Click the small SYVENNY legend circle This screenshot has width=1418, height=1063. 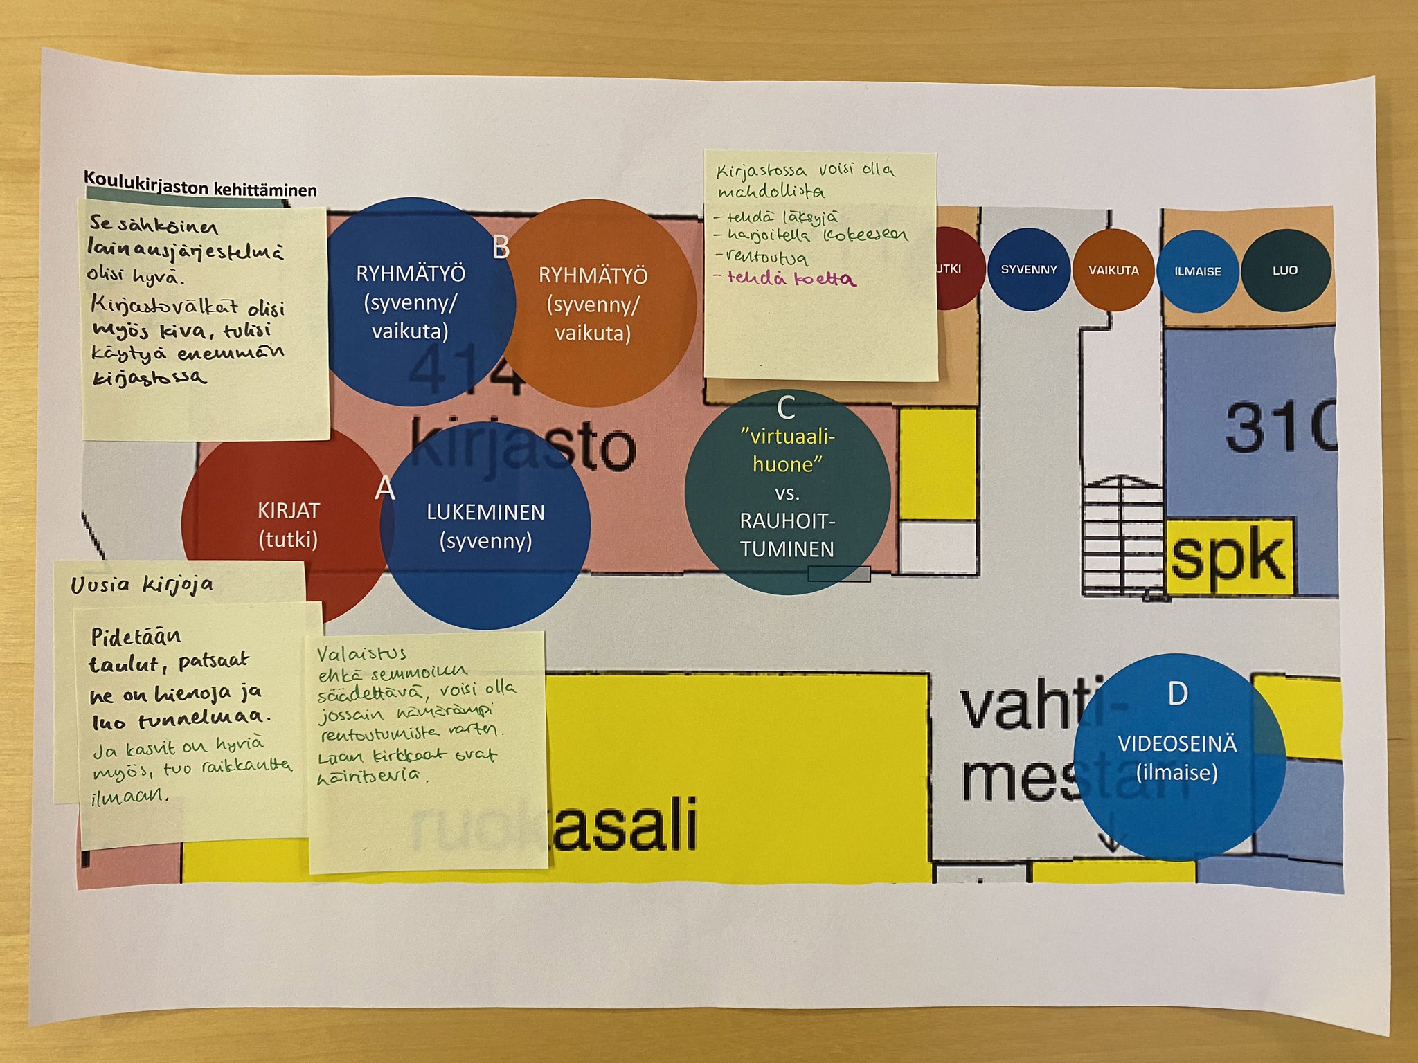tap(1029, 269)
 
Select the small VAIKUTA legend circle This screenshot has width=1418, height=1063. tap(1113, 270)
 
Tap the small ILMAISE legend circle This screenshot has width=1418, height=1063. tap(1197, 271)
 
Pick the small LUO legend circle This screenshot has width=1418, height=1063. tap(1286, 270)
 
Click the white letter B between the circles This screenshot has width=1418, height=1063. tap(501, 247)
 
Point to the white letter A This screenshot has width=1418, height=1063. tap(385, 489)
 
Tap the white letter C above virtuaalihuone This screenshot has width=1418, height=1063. tap(786, 408)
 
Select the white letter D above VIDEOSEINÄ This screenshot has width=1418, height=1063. tap(1178, 693)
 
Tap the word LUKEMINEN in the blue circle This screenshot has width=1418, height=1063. tap(485, 512)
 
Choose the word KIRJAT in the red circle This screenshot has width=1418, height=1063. tap(289, 511)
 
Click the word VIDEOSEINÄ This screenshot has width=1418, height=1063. tap(1177, 744)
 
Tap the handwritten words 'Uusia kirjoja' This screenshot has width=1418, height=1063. tap(142, 585)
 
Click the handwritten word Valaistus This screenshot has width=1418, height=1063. tap(361, 653)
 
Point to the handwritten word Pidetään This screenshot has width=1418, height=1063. tap(136, 636)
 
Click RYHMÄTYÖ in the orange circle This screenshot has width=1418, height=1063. tap(593, 276)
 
